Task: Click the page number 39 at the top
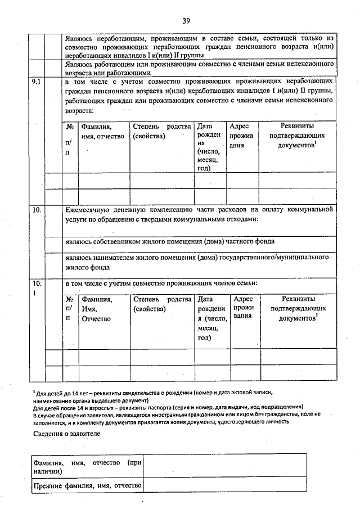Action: tap(186, 21)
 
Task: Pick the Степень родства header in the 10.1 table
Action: tap(163, 304)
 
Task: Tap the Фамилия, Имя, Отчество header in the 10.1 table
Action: tap(97, 309)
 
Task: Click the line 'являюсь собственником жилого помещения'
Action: tap(169, 241)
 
